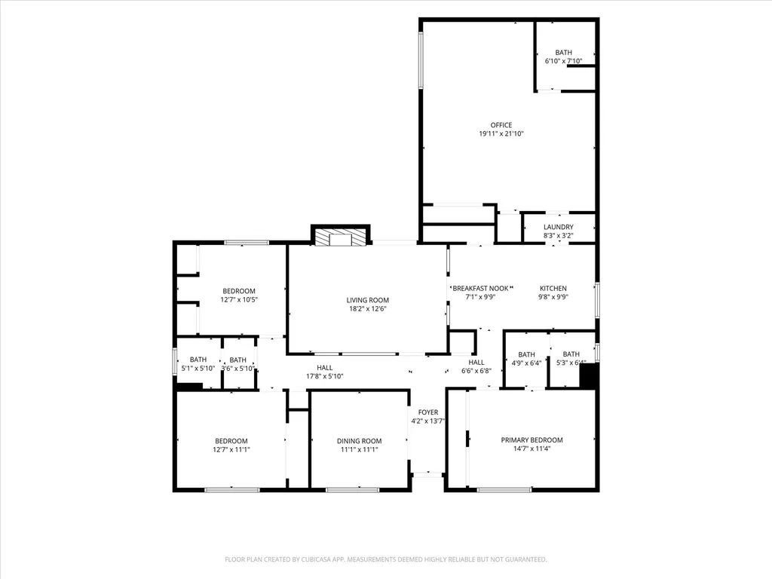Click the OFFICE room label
pos(501,125)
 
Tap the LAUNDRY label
pos(559,227)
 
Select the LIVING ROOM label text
pos(367,300)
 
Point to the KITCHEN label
pos(553,288)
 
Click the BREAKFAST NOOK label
pos(480,288)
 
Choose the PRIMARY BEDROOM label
pos(532,440)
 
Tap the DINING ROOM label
pos(359,441)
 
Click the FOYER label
pos(428,412)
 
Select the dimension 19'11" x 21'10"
pos(501,133)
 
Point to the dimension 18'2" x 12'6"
pos(367,308)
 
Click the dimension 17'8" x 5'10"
pos(324,376)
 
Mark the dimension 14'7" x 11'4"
pos(532,449)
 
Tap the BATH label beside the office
pos(564,53)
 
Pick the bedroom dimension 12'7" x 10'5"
pos(239,299)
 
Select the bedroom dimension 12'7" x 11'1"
pos(231,449)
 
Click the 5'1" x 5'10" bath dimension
pos(198,368)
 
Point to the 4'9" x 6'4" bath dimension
pos(526,363)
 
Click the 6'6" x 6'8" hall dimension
pos(476,371)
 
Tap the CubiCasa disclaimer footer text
pos(385,559)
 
